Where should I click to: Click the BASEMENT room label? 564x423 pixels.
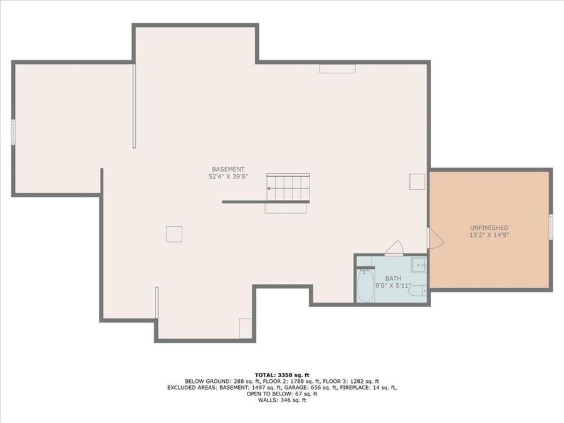click(228, 169)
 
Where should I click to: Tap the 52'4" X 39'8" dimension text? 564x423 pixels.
click(228, 177)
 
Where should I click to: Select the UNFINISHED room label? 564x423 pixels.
click(489, 227)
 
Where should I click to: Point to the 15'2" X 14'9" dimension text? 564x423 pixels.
click(489, 235)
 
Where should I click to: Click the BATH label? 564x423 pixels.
click(393, 278)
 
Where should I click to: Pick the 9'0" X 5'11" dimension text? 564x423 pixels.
click(393, 286)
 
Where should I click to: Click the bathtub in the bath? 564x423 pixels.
click(365, 285)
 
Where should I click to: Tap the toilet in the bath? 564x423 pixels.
click(418, 290)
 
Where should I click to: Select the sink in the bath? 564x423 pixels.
click(419, 265)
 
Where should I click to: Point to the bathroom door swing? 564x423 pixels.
click(395, 248)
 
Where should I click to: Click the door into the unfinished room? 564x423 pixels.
click(436, 238)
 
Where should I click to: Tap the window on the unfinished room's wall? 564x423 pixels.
click(551, 226)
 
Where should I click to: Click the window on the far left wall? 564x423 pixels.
click(13, 132)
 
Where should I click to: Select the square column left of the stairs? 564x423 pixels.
click(174, 234)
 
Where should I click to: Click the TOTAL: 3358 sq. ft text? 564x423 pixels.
click(282, 375)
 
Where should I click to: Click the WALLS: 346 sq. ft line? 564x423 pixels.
click(282, 400)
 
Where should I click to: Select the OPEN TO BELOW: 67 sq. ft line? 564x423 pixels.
click(282, 394)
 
